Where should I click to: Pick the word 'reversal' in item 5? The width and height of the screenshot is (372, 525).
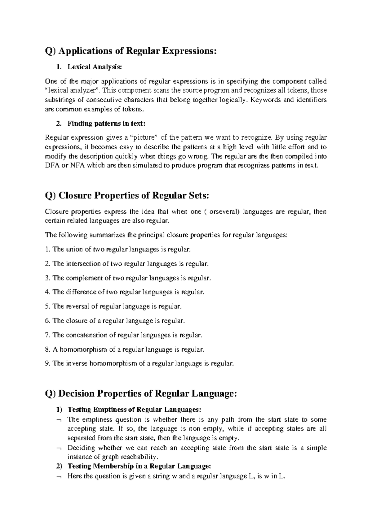[77, 306]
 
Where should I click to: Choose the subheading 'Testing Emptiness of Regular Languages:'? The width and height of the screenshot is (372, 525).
[135, 410]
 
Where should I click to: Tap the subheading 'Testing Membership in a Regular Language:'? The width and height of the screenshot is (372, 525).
[139, 466]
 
